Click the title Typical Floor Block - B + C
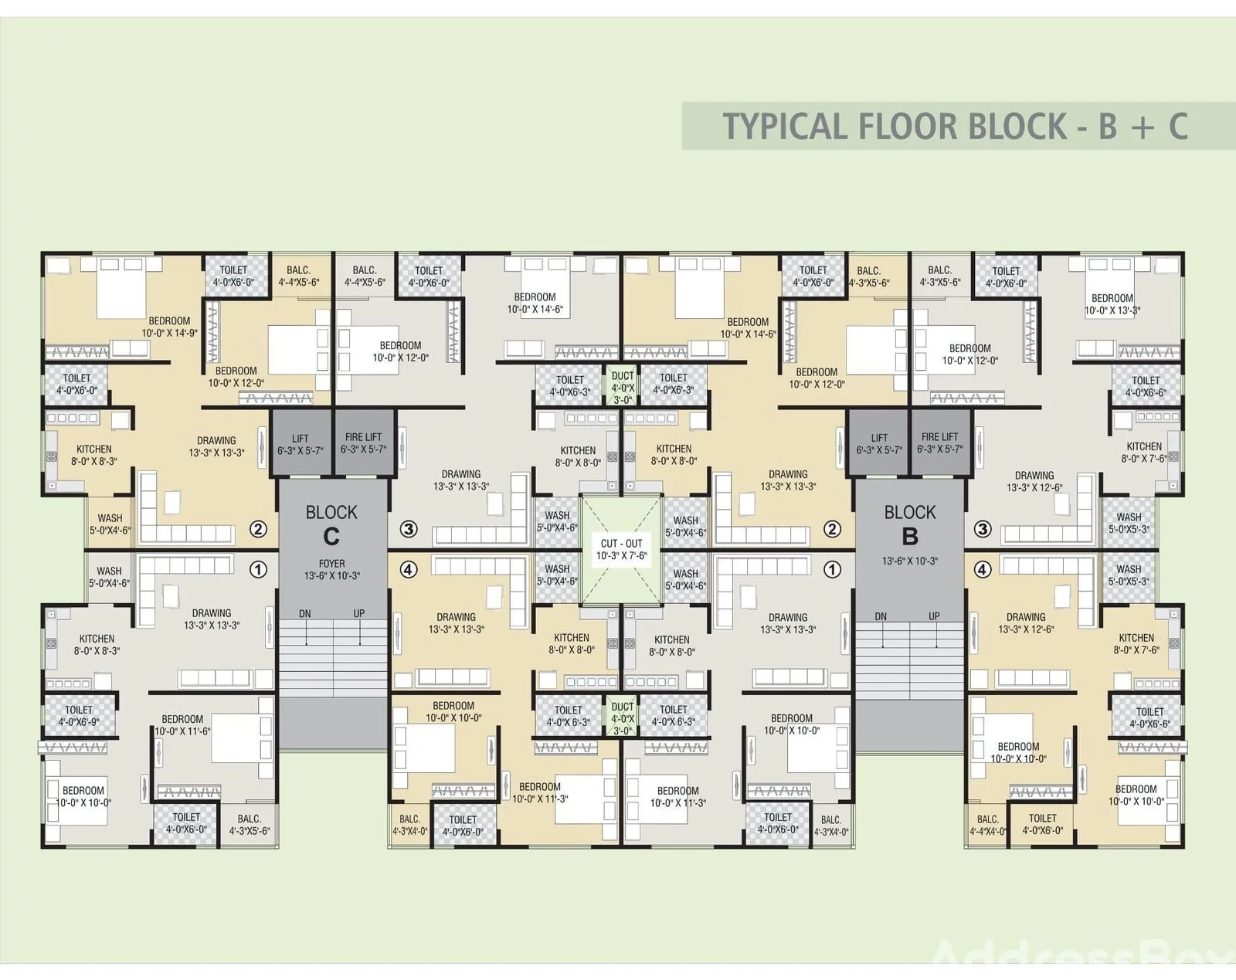[x=955, y=127]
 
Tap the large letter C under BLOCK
[x=331, y=537]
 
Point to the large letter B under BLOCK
[x=910, y=536]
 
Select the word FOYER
[x=332, y=564]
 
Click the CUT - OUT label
[x=621, y=543]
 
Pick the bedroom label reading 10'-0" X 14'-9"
[x=169, y=327]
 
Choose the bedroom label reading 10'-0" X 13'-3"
[x=1112, y=304]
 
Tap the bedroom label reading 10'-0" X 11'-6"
[x=182, y=725]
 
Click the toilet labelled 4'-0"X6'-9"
[x=79, y=716]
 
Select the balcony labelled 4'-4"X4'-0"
[x=987, y=826]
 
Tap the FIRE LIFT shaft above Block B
[x=939, y=443]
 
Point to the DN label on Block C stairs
[x=305, y=614]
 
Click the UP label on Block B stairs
[x=935, y=616]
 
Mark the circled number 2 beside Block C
[x=259, y=529]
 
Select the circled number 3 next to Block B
[x=983, y=529]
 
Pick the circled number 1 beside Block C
[x=259, y=569]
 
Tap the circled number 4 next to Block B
[x=983, y=569]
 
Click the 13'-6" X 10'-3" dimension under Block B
[x=910, y=561]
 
